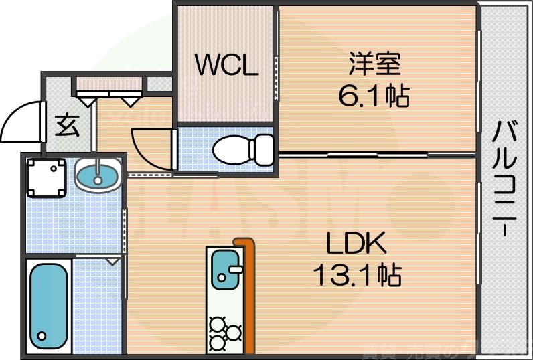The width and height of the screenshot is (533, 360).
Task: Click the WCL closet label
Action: point(226,66)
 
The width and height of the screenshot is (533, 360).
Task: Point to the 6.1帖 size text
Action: point(374,98)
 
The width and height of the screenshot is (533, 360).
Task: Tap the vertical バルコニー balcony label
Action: point(506,178)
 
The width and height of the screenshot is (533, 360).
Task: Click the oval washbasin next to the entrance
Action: point(98,176)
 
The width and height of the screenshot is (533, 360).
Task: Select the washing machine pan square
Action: point(46,177)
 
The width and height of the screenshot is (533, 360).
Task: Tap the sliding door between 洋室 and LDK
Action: point(378,155)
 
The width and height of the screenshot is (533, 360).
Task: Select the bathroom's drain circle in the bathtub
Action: point(42,337)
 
